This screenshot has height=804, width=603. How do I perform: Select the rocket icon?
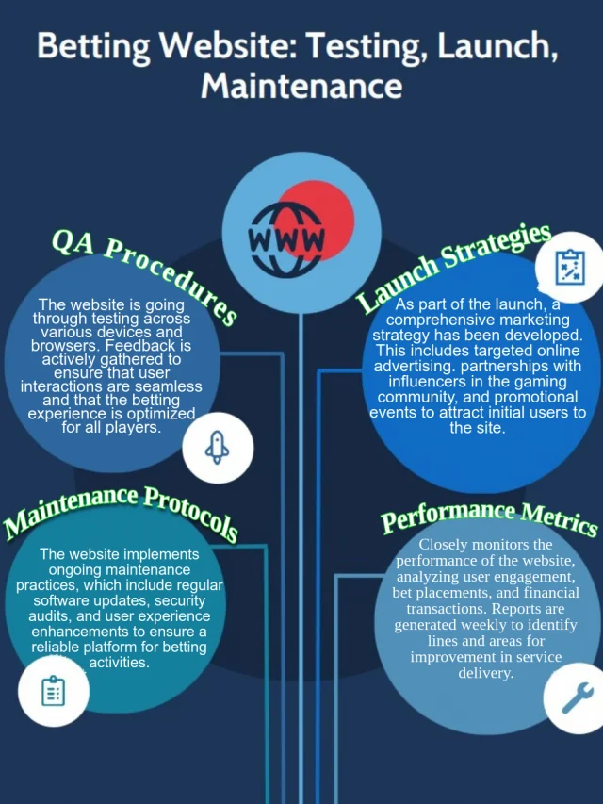[x=218, y=448]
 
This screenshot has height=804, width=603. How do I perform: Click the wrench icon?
[x=578, y=697]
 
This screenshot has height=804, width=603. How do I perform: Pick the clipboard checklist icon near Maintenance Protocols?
[x=53, y=691]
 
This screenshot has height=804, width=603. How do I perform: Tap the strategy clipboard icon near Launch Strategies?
[x=570, y=267]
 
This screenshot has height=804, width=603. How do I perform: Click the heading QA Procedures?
[x=144, y=274]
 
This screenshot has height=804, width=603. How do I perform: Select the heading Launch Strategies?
[x=454, y=267]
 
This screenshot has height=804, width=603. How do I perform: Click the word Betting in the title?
[x=94, y=47]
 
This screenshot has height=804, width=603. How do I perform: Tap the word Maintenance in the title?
[x=301, y=86]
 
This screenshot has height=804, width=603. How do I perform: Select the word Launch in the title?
[x=497, y=46]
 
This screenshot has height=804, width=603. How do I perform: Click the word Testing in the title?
[x=367, y=47]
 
